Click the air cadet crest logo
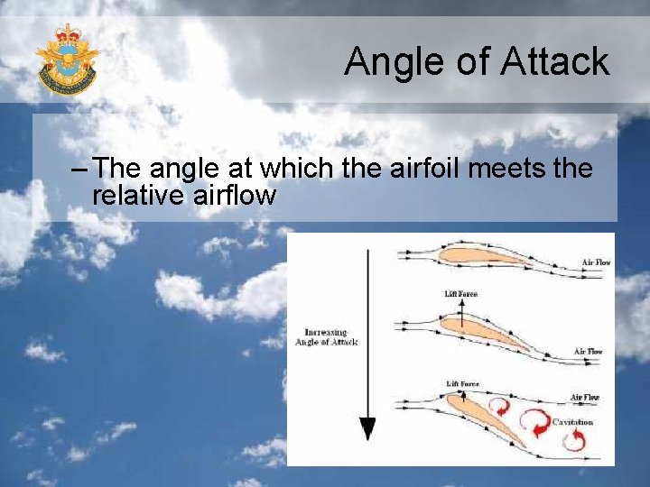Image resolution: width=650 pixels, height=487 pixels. point(67,60)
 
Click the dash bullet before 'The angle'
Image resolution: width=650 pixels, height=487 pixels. point(79,170)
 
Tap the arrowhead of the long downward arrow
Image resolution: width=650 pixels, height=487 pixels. point(367,428)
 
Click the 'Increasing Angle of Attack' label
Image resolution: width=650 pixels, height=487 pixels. point(326,336)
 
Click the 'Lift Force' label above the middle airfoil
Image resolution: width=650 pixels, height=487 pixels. point(460,294)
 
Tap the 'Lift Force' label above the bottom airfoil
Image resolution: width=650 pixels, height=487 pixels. point(462,384)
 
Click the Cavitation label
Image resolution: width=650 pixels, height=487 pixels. point(572,422)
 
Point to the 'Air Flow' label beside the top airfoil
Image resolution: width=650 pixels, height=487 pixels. point(596,262)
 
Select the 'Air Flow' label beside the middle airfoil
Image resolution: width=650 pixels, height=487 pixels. point(589,352)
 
